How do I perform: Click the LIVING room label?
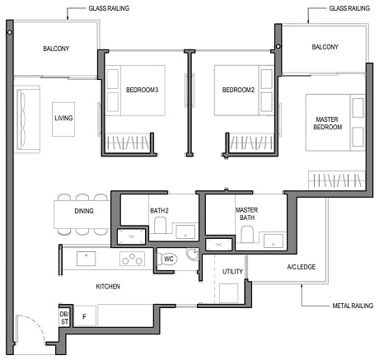pyautogui.click(x=63, y=119)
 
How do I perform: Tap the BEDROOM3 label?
pyautogui.click(x=143, y=89)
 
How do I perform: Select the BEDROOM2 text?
pyautogui.click(x=233, y=89)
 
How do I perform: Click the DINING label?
pyautogui.click(x=83, y=212)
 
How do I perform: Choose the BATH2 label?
pyautogui.click(x=159, y=211)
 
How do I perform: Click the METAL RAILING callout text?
pyautogui.click(x=350, y=306)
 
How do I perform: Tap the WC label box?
pyautogui.click(x=167, y=259)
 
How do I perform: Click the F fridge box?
pyautogui.click(x=84, y=316)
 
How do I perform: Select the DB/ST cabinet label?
pyautogui.click(x=63, y=317)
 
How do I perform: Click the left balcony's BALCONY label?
pyautogui.click(x=56, y=49)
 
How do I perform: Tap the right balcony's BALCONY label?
pyautogui.click(x=325, y=47)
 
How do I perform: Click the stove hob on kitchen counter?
pyautogui.click(x=132, y=259)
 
